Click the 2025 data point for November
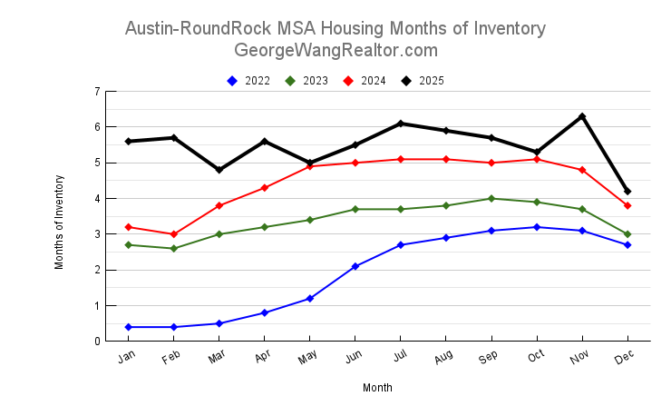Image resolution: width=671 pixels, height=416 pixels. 582,116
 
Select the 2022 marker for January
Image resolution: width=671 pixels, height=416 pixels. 129,327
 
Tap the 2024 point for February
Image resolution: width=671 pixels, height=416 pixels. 174,234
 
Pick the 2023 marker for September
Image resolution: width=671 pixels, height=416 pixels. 491,198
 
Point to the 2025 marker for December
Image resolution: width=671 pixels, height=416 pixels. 627,192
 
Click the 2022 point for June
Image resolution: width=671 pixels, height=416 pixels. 355,266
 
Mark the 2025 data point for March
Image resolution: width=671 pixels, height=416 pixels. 219,170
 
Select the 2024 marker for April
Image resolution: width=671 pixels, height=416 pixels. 265,188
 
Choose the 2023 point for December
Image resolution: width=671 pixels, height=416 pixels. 627,234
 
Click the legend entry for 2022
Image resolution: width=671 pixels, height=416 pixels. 248,81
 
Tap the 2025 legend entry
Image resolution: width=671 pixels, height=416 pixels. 423,81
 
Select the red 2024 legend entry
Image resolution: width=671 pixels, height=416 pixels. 365,81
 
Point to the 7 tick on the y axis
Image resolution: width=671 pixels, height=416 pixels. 96,92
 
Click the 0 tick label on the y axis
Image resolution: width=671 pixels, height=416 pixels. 96,342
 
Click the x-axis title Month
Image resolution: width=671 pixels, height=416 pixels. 377,388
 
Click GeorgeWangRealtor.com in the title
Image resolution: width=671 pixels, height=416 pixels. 335,50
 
